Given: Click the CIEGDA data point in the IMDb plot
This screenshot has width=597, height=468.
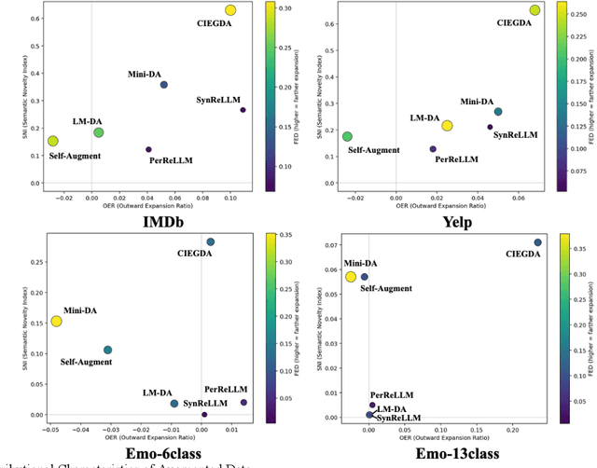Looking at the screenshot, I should coord(230,10).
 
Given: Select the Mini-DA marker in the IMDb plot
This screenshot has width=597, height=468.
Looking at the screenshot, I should coord(164,85).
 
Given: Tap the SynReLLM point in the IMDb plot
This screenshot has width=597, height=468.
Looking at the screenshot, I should coord(243,110).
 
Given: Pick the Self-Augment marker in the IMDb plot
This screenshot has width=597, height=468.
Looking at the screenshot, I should coord(53,141).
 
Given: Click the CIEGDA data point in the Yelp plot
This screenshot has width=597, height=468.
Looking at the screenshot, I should coord(535,10).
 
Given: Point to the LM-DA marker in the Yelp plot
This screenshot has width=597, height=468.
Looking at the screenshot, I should coord(447,126).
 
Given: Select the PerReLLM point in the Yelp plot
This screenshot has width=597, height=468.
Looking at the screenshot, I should coord(433,149).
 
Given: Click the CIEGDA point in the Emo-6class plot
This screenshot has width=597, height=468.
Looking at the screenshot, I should coord(210,241).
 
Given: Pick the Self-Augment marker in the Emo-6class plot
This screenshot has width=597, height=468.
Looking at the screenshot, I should coord(107,350).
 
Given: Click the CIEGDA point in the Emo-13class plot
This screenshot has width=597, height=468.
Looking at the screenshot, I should coord(537,242).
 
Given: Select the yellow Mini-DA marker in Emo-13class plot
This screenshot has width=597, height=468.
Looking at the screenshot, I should coord(351,277).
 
